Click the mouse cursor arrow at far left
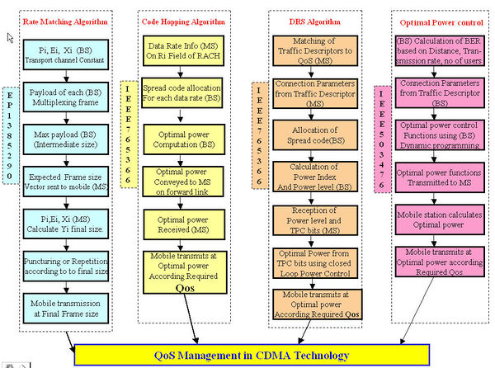point(11,38)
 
